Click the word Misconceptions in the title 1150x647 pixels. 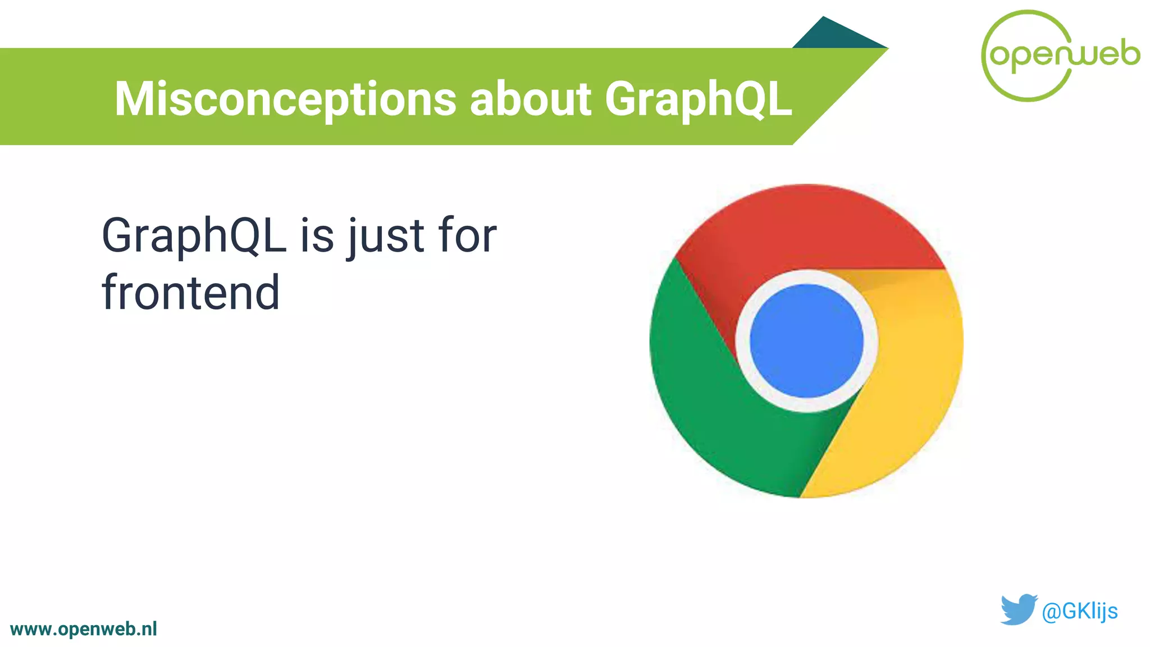(x=285, y=99)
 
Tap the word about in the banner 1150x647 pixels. (x=530, y=99)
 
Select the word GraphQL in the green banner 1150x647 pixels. (x=698, y=99)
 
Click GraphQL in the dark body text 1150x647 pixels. (x=194, y=236)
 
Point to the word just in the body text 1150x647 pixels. (x=386, y=236)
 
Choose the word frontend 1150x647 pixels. (x=190, y=293)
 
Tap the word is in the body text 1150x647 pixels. (x=317, y=236)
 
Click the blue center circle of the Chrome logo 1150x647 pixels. (x=806, y=341)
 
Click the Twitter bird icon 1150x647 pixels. (x=1018, y=609)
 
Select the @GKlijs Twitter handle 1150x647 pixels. (x=1079, y=611)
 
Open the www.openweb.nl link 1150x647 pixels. (x=84, y=629)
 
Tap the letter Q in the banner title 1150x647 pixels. (x=747, y=99)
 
